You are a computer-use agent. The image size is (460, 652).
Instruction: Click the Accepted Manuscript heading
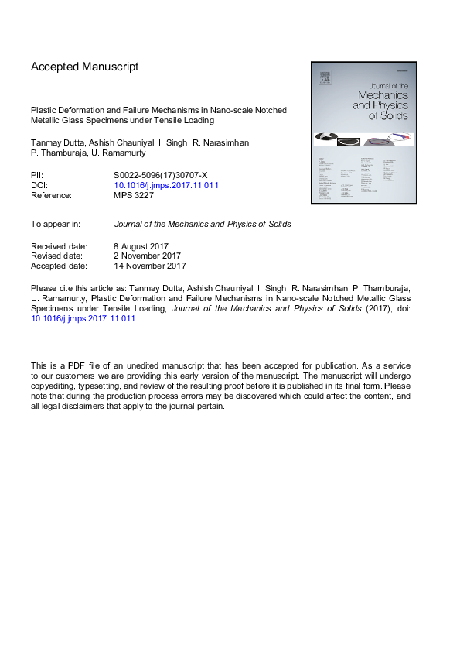coord(85,67)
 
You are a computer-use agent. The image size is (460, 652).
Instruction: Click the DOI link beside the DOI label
coord(166,185)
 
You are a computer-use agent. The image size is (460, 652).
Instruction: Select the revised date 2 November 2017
coord(147,256)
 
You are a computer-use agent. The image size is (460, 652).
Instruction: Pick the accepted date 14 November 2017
coord(150,266)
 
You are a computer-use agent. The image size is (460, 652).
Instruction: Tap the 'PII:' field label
coord(37,175)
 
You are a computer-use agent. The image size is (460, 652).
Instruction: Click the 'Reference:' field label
coord(51,195)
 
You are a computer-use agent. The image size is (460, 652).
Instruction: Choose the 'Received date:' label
coord(59,246)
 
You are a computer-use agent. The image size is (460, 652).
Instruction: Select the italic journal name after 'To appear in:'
coord(203,225)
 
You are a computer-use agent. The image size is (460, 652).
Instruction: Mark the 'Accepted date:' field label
coord(59,266)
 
